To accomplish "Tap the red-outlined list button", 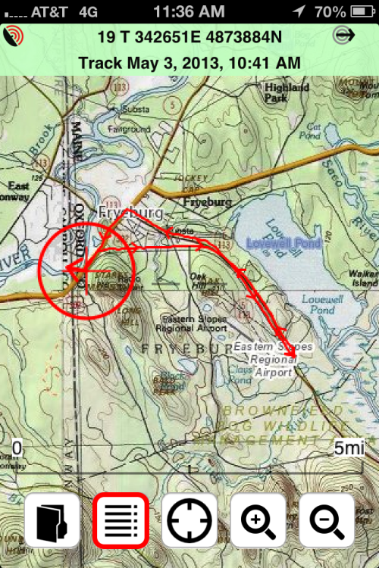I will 120,521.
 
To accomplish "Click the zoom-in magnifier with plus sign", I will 258,521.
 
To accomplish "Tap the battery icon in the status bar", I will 359,11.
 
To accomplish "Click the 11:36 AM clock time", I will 189,11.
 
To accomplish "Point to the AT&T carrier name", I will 55,11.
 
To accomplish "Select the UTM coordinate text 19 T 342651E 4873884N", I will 189,37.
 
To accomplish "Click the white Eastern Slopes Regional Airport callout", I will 273,359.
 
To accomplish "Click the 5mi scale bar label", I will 349,448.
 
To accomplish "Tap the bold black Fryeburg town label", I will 206,203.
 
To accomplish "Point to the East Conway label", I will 17,191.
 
